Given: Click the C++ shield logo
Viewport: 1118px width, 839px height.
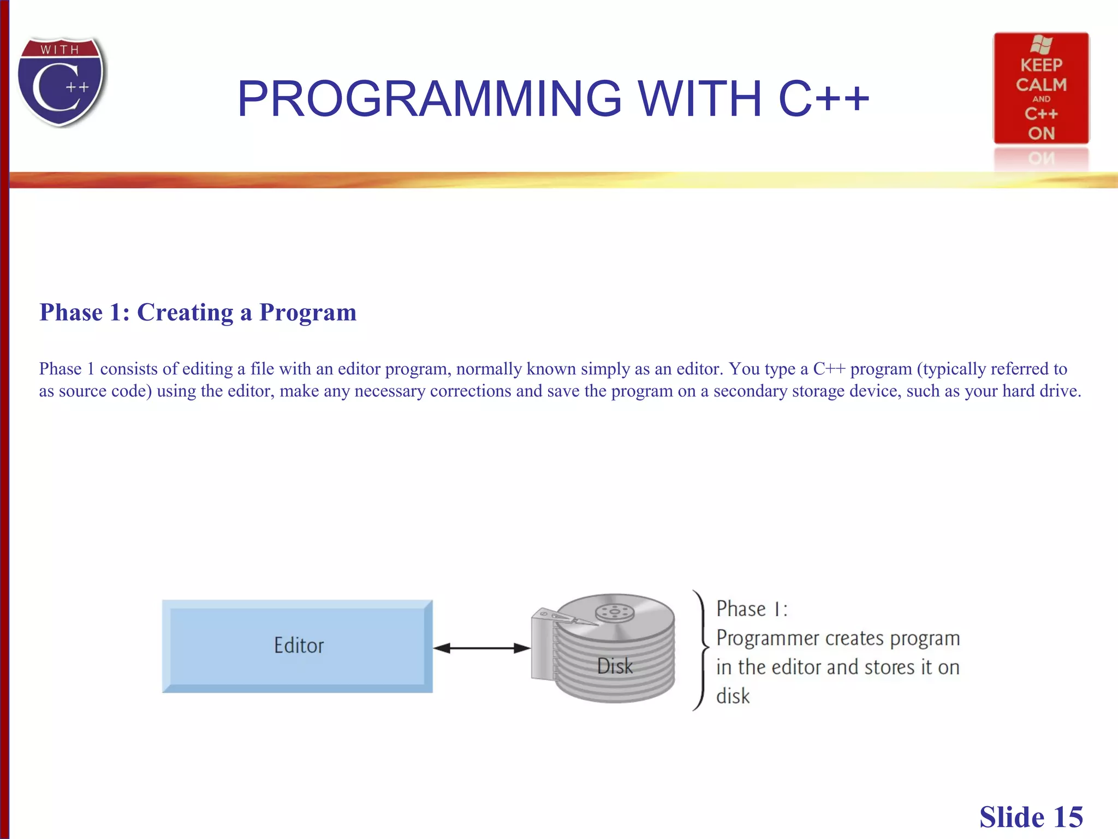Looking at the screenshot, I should coord(61,82).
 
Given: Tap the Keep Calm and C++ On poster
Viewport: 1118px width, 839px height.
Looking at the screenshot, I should coord(1040,88).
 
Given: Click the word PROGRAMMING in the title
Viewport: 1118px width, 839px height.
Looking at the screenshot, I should coord(429,99).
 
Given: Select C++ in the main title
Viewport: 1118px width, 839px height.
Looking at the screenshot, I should coord(823,99).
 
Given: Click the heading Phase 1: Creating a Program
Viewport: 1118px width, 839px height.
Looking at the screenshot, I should coord(198,312).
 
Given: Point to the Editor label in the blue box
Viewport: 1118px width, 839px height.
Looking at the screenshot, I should coord(299,646).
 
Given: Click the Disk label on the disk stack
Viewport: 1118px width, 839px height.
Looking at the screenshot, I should coord(615,666).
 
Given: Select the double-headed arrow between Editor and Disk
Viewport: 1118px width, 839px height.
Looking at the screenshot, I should coord(481,648).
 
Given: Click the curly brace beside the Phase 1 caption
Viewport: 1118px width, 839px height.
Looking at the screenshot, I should coord(700,650).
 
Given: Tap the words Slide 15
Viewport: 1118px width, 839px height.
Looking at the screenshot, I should coord(1031,817).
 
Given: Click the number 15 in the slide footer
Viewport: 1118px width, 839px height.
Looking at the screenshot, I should coord(1068,817).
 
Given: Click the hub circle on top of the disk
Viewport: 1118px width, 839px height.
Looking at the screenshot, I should coord(615,612).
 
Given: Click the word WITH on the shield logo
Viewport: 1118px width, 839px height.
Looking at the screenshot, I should coord(60,50).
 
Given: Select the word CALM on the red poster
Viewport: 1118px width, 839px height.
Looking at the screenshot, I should coord(1041,85).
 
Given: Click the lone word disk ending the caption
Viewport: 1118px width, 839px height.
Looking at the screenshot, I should coord(733,696).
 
